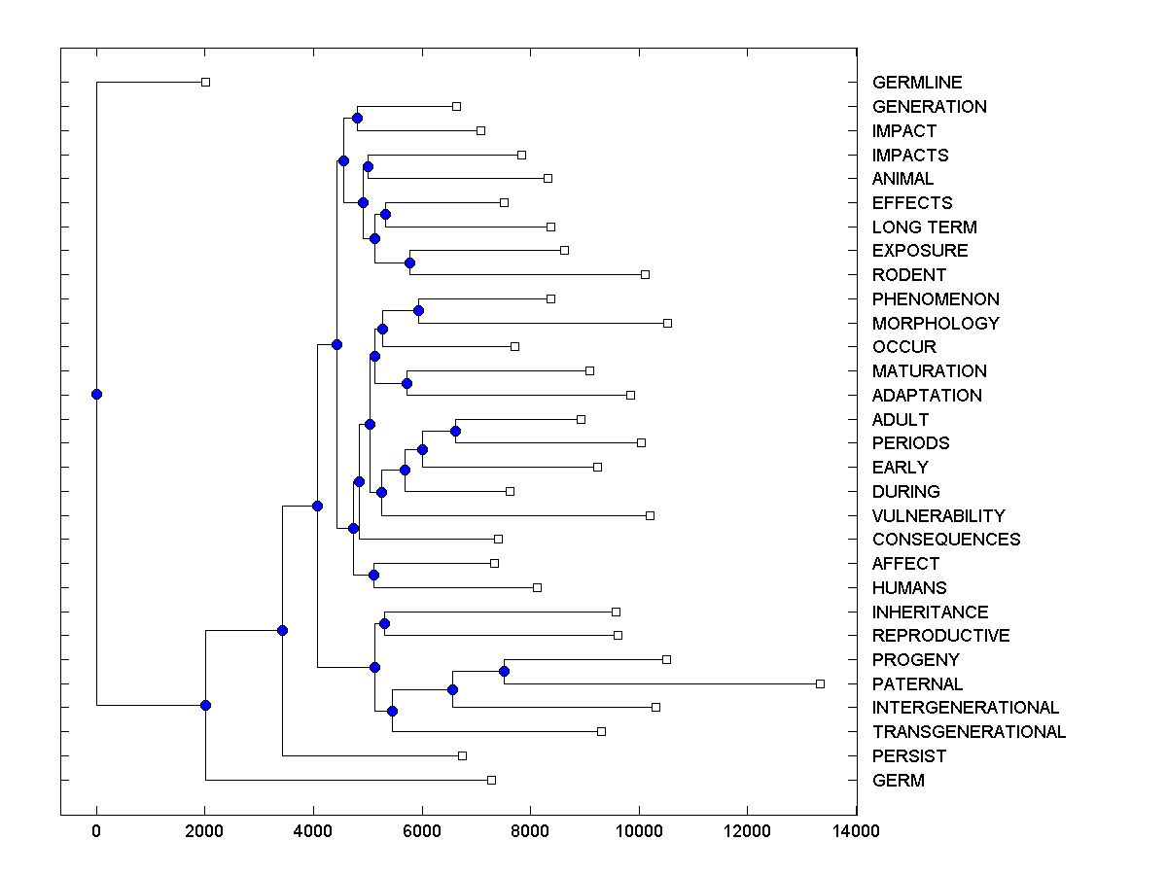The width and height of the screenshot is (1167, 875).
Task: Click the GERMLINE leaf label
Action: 916,83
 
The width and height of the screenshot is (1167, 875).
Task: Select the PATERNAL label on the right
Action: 917,683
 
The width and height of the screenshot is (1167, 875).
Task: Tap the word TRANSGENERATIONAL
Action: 969,732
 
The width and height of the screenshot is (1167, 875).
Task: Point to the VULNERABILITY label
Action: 938,515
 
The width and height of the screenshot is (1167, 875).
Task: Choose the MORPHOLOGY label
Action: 936,323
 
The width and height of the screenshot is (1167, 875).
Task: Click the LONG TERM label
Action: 924,227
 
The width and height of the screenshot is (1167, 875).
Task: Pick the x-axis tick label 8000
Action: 530,830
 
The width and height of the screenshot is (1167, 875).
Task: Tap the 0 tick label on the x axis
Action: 96,830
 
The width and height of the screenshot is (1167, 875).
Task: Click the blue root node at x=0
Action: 96,394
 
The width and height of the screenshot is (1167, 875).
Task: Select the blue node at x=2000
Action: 205,705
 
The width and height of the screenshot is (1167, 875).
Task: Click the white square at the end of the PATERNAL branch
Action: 820,683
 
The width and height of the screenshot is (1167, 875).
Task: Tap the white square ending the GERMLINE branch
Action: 205,83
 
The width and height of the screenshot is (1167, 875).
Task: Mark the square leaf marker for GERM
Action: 491,780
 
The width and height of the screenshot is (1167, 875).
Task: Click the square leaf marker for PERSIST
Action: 462,755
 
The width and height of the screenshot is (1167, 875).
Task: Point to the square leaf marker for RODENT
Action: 645,274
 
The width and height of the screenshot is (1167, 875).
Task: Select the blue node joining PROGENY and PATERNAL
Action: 504,671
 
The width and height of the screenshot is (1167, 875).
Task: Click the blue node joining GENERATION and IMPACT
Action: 357,118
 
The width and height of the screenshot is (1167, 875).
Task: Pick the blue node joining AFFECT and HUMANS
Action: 373,575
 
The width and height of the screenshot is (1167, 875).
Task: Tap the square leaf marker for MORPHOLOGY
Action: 667,323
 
